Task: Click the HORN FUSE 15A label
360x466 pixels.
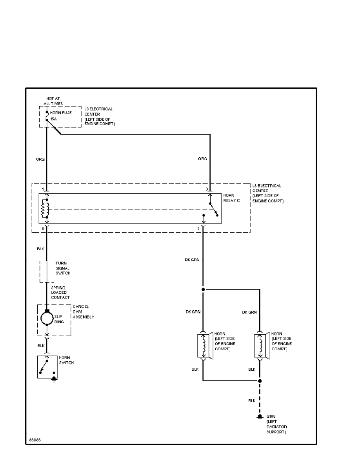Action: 61,116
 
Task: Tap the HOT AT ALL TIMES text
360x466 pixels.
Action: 53,101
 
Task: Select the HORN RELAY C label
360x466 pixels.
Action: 231,197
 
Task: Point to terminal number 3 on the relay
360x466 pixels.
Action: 207,189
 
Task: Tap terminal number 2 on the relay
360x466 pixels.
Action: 42,228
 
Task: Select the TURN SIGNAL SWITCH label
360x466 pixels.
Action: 63,268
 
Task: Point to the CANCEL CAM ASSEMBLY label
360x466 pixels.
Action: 83,311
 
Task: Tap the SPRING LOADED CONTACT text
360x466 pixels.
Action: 60,292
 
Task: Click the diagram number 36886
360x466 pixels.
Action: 35,439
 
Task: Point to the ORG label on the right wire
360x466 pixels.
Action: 202,158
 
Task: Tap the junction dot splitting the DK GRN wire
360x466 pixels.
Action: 203,289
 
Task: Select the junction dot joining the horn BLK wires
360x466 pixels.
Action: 259,380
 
